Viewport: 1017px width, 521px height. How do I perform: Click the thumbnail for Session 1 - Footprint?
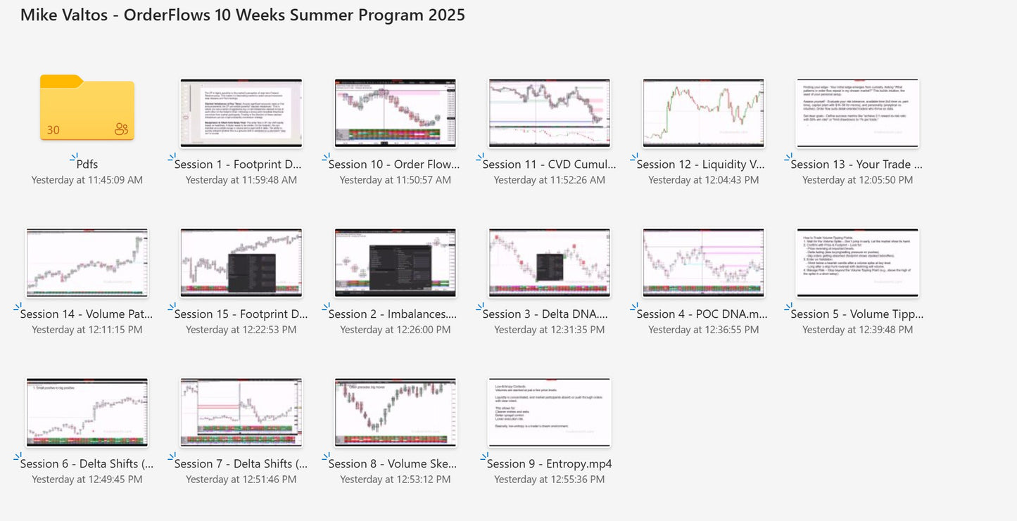click(x=241, y=112)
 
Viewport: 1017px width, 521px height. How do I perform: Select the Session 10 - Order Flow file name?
click(x=394, y=165)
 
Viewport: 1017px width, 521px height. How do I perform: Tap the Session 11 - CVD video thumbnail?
click(x=549, y=112)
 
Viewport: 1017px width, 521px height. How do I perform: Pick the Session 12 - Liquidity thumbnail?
click(x=703, y=112)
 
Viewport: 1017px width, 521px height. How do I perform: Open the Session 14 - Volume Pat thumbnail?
click(x=87, y=262)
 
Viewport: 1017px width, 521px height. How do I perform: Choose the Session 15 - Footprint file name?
click(x=241, y=314)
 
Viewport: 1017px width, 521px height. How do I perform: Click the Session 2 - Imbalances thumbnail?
click(x=395, y=262)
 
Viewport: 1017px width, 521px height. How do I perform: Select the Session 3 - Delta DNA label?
click(x=549, y=314)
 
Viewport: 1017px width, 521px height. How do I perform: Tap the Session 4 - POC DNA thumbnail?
click(x=703, y=262)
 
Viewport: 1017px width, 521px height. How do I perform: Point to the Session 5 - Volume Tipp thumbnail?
click(x=857, y=262)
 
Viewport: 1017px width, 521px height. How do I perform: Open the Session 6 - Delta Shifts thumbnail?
click(x=87, y=412)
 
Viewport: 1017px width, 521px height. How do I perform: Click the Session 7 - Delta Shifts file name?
click(x=241, y=464)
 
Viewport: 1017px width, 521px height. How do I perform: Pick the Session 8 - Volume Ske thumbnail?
click(x=395, y=412)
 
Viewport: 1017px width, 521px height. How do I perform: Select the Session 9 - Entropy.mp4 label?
click(x=549, y=464)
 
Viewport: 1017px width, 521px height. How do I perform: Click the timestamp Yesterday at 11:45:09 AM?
click(x=87, y=180)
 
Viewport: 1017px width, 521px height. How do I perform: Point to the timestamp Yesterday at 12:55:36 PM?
click(x=549, y=480)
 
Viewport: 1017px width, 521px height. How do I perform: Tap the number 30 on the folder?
click(x=53, y=129)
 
